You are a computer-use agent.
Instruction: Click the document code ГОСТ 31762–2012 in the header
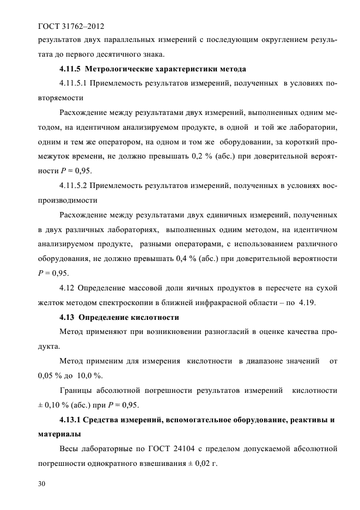click(70, 26)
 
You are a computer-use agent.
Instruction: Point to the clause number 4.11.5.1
click(74, 84)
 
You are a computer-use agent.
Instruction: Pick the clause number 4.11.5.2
click(74, 186)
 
